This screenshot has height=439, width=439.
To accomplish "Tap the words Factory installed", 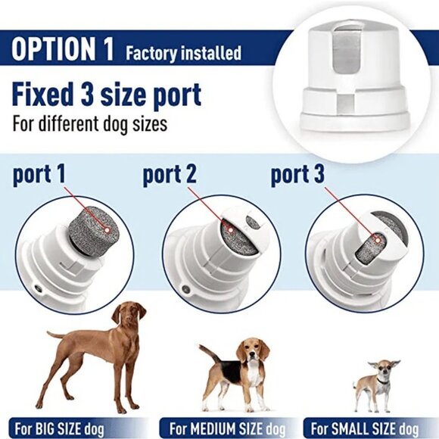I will click(183, 54).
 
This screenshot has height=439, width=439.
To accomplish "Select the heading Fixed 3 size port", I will click(107, 95).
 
